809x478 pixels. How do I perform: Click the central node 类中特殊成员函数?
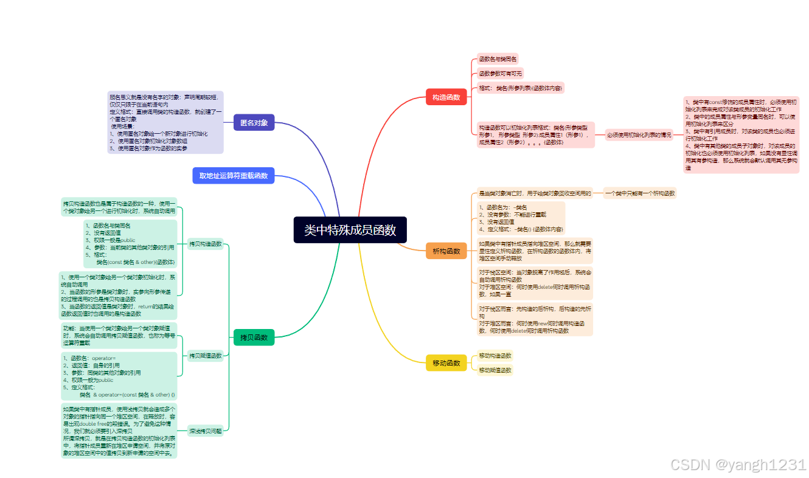(350, 230)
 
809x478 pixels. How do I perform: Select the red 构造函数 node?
(446, 97)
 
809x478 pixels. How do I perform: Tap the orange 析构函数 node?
(446, 251)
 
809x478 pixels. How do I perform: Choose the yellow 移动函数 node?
(446, 363)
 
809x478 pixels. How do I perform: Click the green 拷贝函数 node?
(254, 337)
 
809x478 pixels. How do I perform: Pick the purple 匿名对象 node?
(254, 123)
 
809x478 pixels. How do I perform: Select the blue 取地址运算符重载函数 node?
(234, 176)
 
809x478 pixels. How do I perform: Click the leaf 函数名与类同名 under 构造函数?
(498, 59)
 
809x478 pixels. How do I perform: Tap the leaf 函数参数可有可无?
(500, 74)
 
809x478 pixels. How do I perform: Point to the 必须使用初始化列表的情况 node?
(639, 134)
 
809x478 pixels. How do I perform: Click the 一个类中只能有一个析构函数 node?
(640, 193)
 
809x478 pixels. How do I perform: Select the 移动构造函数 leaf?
(495, 356)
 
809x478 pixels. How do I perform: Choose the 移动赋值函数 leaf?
(495, 370)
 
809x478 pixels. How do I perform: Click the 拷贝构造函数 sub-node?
(205, 244)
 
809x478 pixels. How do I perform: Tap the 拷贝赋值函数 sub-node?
(205, 355)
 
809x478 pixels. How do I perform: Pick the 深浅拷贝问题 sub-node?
(205, 431)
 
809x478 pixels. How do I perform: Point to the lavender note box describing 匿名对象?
(165, 123)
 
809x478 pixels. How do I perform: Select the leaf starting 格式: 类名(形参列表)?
(520, 88)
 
